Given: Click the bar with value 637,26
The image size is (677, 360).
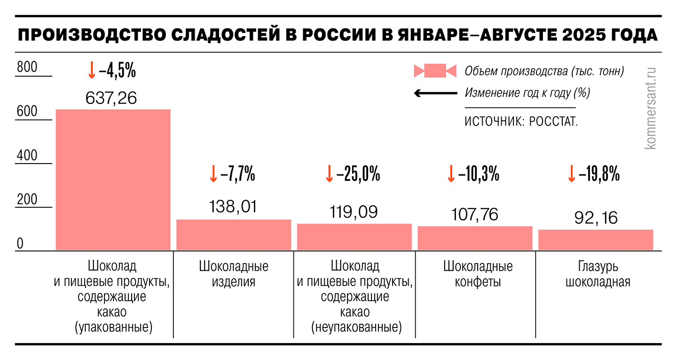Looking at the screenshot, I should pos(113,180).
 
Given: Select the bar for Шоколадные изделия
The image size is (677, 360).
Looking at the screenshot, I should pos(234,235).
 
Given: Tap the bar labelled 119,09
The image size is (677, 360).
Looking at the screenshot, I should pos(354,237).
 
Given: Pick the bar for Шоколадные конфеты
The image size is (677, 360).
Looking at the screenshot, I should pos(475,238).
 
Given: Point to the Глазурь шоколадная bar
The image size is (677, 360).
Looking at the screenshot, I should pos(596,240).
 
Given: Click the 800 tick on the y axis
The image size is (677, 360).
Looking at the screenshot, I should pos(27,68).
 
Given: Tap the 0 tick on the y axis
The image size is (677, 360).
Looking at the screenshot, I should pos(20,244).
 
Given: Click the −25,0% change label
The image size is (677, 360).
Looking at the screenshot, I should pos(358,174).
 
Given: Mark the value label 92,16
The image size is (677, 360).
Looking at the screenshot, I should pos(596,218).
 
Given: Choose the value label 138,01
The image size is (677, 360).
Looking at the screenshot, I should pos(234,207).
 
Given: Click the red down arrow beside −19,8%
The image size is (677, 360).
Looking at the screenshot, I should pos(572,174).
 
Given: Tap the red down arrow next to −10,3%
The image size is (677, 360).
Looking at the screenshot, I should pos(451,174).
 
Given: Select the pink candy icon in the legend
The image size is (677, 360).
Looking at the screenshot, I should pos(435,71).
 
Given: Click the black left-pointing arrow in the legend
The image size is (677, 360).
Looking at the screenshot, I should pos(435,93).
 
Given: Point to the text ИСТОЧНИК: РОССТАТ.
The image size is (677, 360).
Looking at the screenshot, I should pos(521,121).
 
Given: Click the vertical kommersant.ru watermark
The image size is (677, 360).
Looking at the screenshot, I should pos(651,108).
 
